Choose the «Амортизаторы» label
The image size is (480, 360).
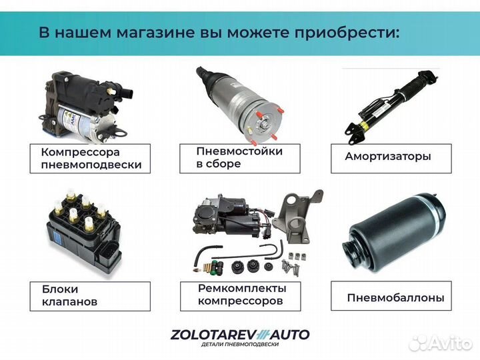point(388,157)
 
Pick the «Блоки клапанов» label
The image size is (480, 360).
point(64,295)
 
